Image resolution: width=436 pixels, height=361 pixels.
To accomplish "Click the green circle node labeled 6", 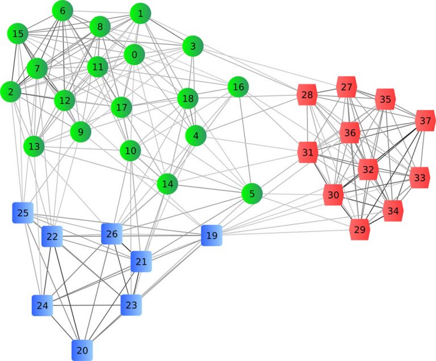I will [x=62, y=11].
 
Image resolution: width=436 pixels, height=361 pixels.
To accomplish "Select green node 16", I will [x=238, y=87].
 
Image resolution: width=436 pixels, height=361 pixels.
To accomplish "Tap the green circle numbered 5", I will [x=251, y=194].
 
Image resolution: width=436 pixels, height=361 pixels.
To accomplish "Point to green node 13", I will [x=34, y=146].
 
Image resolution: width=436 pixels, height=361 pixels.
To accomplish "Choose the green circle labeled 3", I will [x=193, y=47].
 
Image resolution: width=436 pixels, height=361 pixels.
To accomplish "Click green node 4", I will [x=196, y=136].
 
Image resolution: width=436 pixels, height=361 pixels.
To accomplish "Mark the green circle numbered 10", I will [x=131, y=151].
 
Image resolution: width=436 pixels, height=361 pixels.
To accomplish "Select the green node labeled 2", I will [x=10, y=91].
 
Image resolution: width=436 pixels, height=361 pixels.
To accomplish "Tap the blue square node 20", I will [x=82, y=350].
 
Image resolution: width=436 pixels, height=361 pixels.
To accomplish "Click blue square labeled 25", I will [x=23, y=213].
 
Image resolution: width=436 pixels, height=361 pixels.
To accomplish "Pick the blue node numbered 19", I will [x=211, y=235].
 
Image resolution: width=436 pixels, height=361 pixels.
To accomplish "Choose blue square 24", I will [x=43, y=305].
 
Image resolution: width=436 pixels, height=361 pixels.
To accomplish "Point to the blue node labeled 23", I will [x=131, y=305].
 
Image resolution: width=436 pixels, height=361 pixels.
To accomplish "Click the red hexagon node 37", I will [x=425, y=121].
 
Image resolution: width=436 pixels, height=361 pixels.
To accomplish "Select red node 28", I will [x=307, y=95].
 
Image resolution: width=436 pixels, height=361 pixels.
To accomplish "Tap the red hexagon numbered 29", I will [x=359, y=230].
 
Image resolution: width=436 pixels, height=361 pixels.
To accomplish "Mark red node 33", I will [x=420, y=178].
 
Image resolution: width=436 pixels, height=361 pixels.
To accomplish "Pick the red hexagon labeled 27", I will [x=346, y=87].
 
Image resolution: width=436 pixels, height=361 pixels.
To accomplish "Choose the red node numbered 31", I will [x=308, y=153].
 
